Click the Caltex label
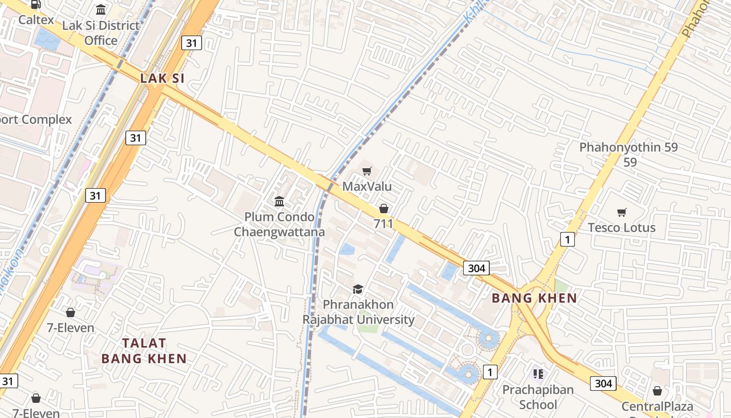tap(36, 20)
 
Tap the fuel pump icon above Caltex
tap(36, 5)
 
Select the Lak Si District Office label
tap(101, 32)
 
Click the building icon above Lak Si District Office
tap(101, 9)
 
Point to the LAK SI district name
tap(162, 78)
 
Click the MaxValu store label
tap(367, 187)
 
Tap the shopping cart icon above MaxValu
tap(367, 171)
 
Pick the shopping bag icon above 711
tap(384, 208)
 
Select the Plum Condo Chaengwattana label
tap(279, 224)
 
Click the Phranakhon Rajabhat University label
tap(359, 311)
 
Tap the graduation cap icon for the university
tap(358, 289)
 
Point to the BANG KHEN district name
tap(535, 298)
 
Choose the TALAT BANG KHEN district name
tap(144, 351)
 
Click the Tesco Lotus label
tap(621, 228)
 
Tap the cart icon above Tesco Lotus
tap(621, 212)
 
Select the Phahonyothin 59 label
tap(629, 154)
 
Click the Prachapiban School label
tap(538, 397)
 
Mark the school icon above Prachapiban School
tap(538, 374)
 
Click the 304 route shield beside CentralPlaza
tap(603, 384)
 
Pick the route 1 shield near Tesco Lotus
tap(567, 239)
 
